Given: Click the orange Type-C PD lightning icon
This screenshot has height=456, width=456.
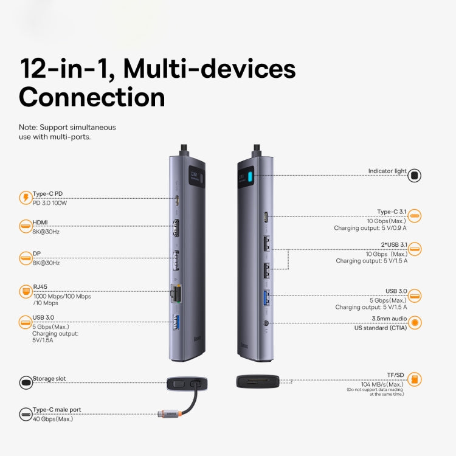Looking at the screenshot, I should point(26,198).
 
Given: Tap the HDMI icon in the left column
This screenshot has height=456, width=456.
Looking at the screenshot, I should point(26,227).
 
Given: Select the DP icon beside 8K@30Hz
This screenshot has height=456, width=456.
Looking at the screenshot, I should point(26,258).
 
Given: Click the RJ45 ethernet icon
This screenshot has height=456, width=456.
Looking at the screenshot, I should point(26,291).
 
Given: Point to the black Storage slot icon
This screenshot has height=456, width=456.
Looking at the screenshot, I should point(26,382).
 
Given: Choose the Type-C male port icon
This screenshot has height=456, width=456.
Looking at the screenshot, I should point(26,414).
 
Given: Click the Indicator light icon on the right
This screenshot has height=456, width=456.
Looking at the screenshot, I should point(415,176).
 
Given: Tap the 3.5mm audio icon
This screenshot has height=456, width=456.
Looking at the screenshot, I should point(415,323).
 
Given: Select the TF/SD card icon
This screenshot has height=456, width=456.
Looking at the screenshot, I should point(415,379).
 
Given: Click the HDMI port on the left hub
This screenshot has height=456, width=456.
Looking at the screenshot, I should point(178,229).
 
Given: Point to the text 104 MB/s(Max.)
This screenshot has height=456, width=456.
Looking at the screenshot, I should point(382,384).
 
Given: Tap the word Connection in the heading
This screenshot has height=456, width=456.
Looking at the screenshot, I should point(92,97).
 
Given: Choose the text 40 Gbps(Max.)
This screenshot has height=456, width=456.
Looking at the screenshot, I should point(53,418).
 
